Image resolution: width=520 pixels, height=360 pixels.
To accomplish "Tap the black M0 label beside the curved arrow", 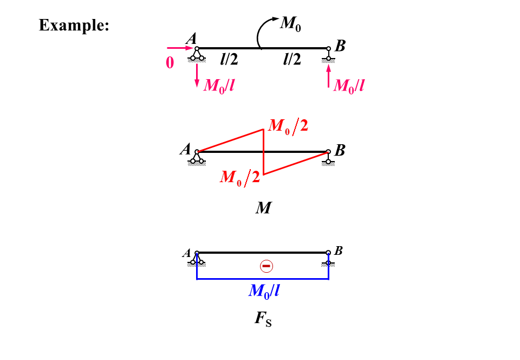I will click(290, 23).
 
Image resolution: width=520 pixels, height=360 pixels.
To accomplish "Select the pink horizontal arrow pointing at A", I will click(179, 48).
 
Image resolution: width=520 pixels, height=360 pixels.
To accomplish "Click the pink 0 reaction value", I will click(170, 63).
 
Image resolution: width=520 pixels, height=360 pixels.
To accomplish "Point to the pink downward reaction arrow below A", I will click(197, 74).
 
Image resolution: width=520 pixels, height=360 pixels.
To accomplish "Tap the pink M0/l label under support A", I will click(219, 85).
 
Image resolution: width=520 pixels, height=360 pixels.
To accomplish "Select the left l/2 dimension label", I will click(229, 59).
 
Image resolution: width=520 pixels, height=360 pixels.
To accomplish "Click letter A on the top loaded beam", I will click(190, 39).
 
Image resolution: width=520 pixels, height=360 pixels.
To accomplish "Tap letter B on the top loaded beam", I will click(340, 47).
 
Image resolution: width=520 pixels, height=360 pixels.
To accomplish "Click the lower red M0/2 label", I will click(239, 177).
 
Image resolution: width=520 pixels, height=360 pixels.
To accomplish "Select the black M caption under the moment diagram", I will click(263, 208).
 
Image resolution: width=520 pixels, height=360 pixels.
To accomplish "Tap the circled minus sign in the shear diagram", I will click(266, 266).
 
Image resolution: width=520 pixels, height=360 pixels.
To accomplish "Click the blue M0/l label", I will click(264, 291).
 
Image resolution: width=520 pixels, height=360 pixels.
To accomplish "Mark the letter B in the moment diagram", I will click(340, 150).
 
